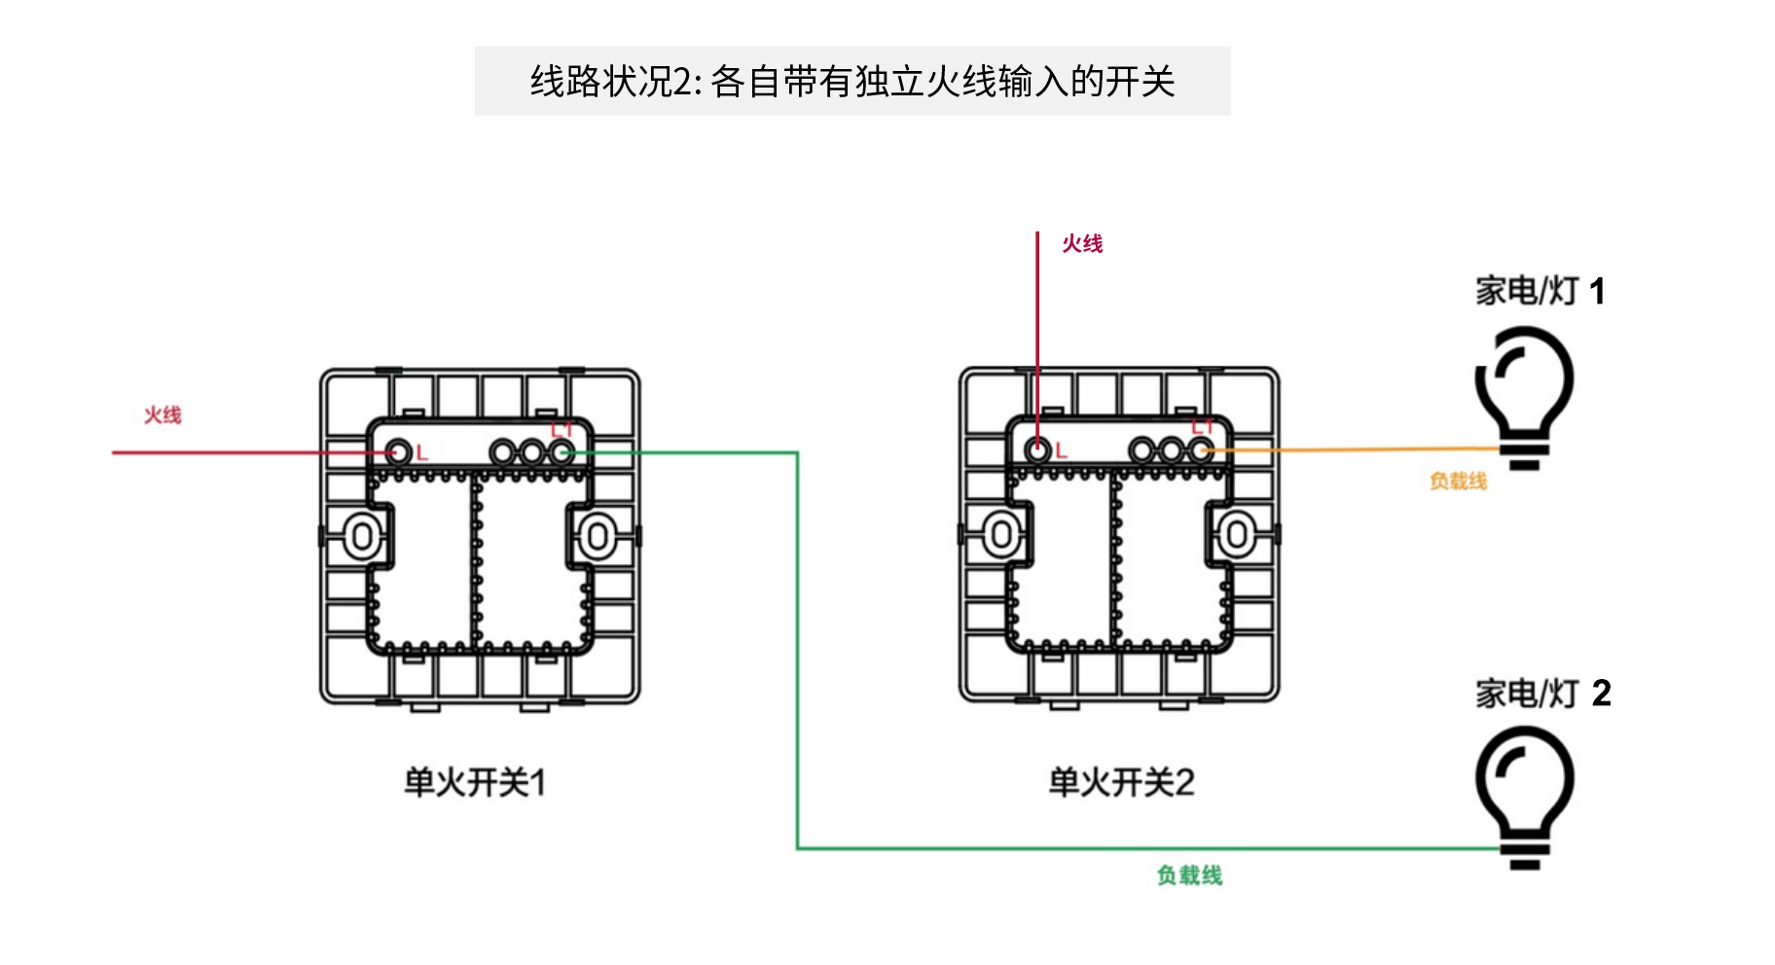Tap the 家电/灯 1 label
pyautogui.click(x=1540, y=291)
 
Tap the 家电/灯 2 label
pyautogui.click(x=1542, y=694)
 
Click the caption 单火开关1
pyautogui.click(x=475, y=782)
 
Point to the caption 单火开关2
pyautogui.click(x=1121, y=782)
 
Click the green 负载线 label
pyautogui.click(x=1189, y=876)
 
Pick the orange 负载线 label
pyautogui.click(x=1458, y=482)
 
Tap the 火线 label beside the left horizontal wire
pyautogui.click(x=163, y=415)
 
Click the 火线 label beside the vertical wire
pyautogui.click(x=1082, y=243)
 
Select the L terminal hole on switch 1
pyautogui.click(x=398, y=452)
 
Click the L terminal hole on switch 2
pyautogui.click(x=1037, y=450)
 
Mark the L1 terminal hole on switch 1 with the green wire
pyautogui.click(x=561, y=452)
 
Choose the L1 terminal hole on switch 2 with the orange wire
pyautogui.click(x=1201, y=450)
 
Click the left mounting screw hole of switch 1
pyautogui.click(x=362, y=536)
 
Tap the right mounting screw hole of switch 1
pyautogui.click(x=598, y=536)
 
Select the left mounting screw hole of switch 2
pyautogui.click(x=1001, y=534)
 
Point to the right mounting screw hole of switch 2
pyautogui.click(x=1237, y=534)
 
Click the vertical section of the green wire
pyautogui.click(x=798, y=652)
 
